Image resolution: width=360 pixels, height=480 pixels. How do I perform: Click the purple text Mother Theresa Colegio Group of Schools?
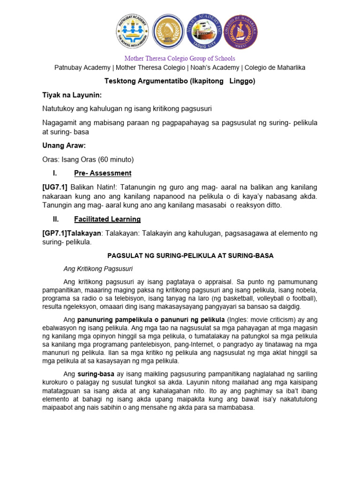pyautogui.click(x=180, y=59)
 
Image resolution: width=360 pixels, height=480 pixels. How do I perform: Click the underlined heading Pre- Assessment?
pyautogui.click(x=103, y=173)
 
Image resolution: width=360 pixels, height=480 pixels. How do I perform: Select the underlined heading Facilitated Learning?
pyautogui.click(x=107, y=219)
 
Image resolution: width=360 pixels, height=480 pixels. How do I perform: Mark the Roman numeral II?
pyautogui.click(x=56, y=219)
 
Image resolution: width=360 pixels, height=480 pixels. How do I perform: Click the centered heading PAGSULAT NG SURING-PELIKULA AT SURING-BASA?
pyautogui.click(x=190, y=255)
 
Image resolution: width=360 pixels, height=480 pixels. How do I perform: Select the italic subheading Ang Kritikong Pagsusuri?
pyautogui.click(x=98, y=269)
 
